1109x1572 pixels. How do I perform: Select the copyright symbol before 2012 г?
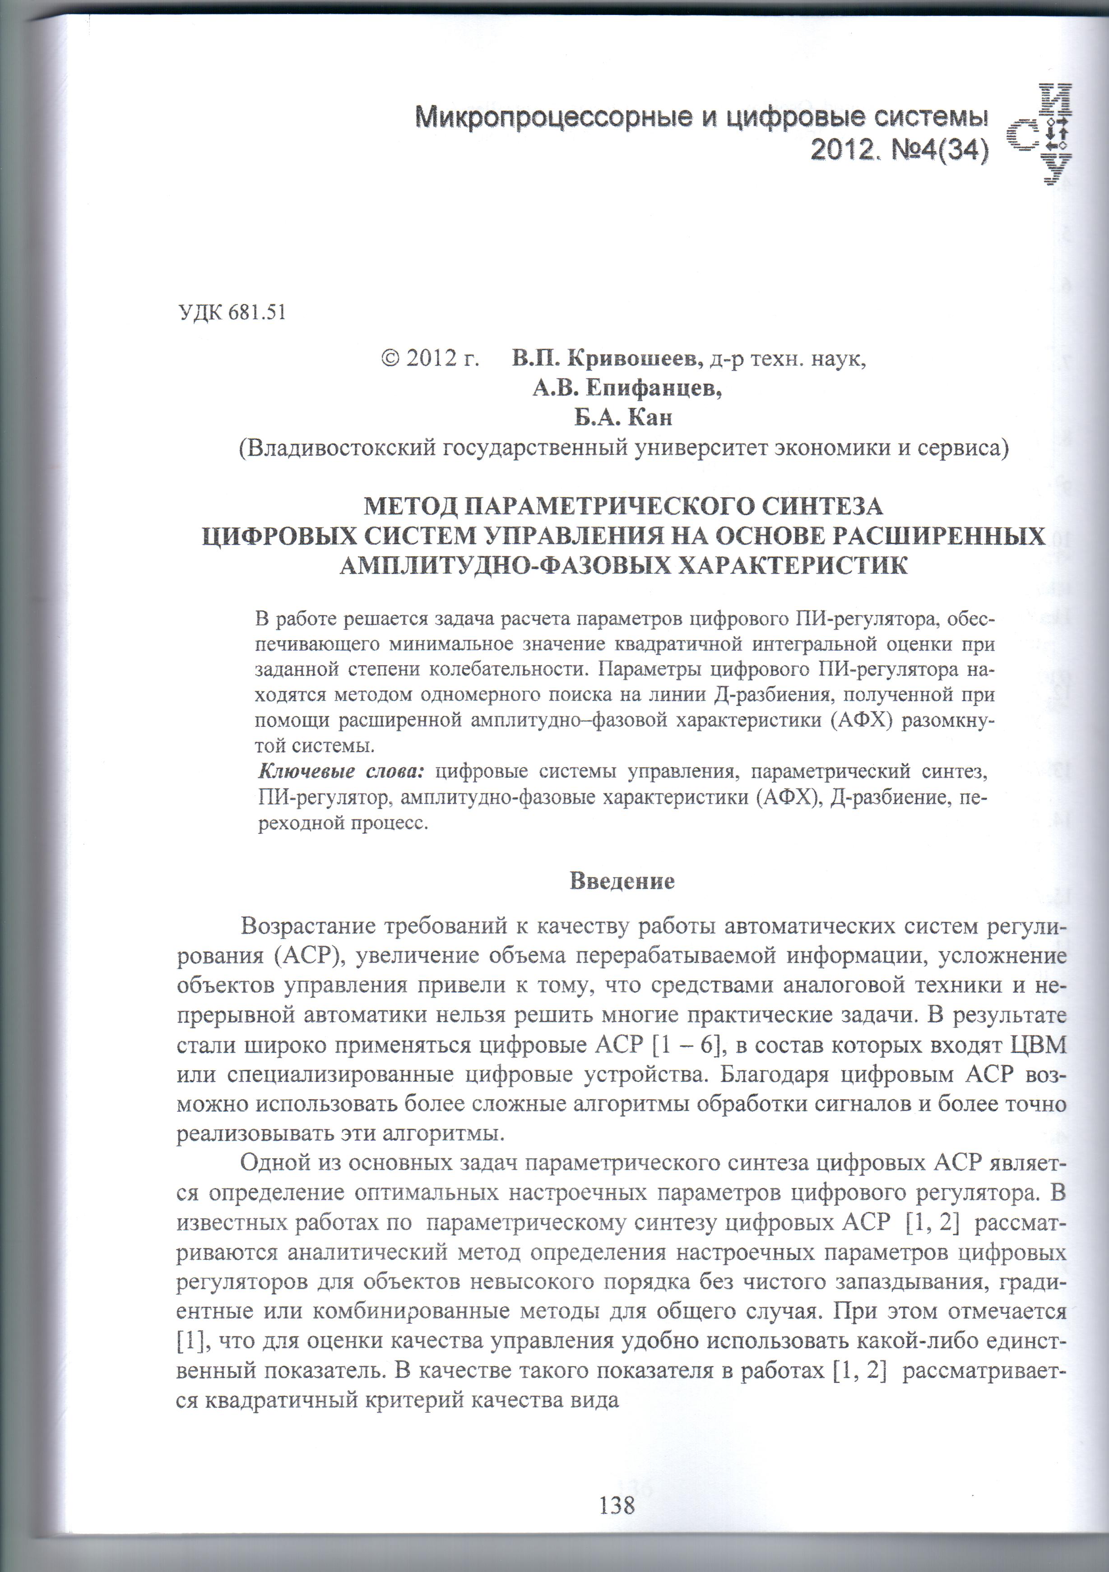(390, 358)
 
